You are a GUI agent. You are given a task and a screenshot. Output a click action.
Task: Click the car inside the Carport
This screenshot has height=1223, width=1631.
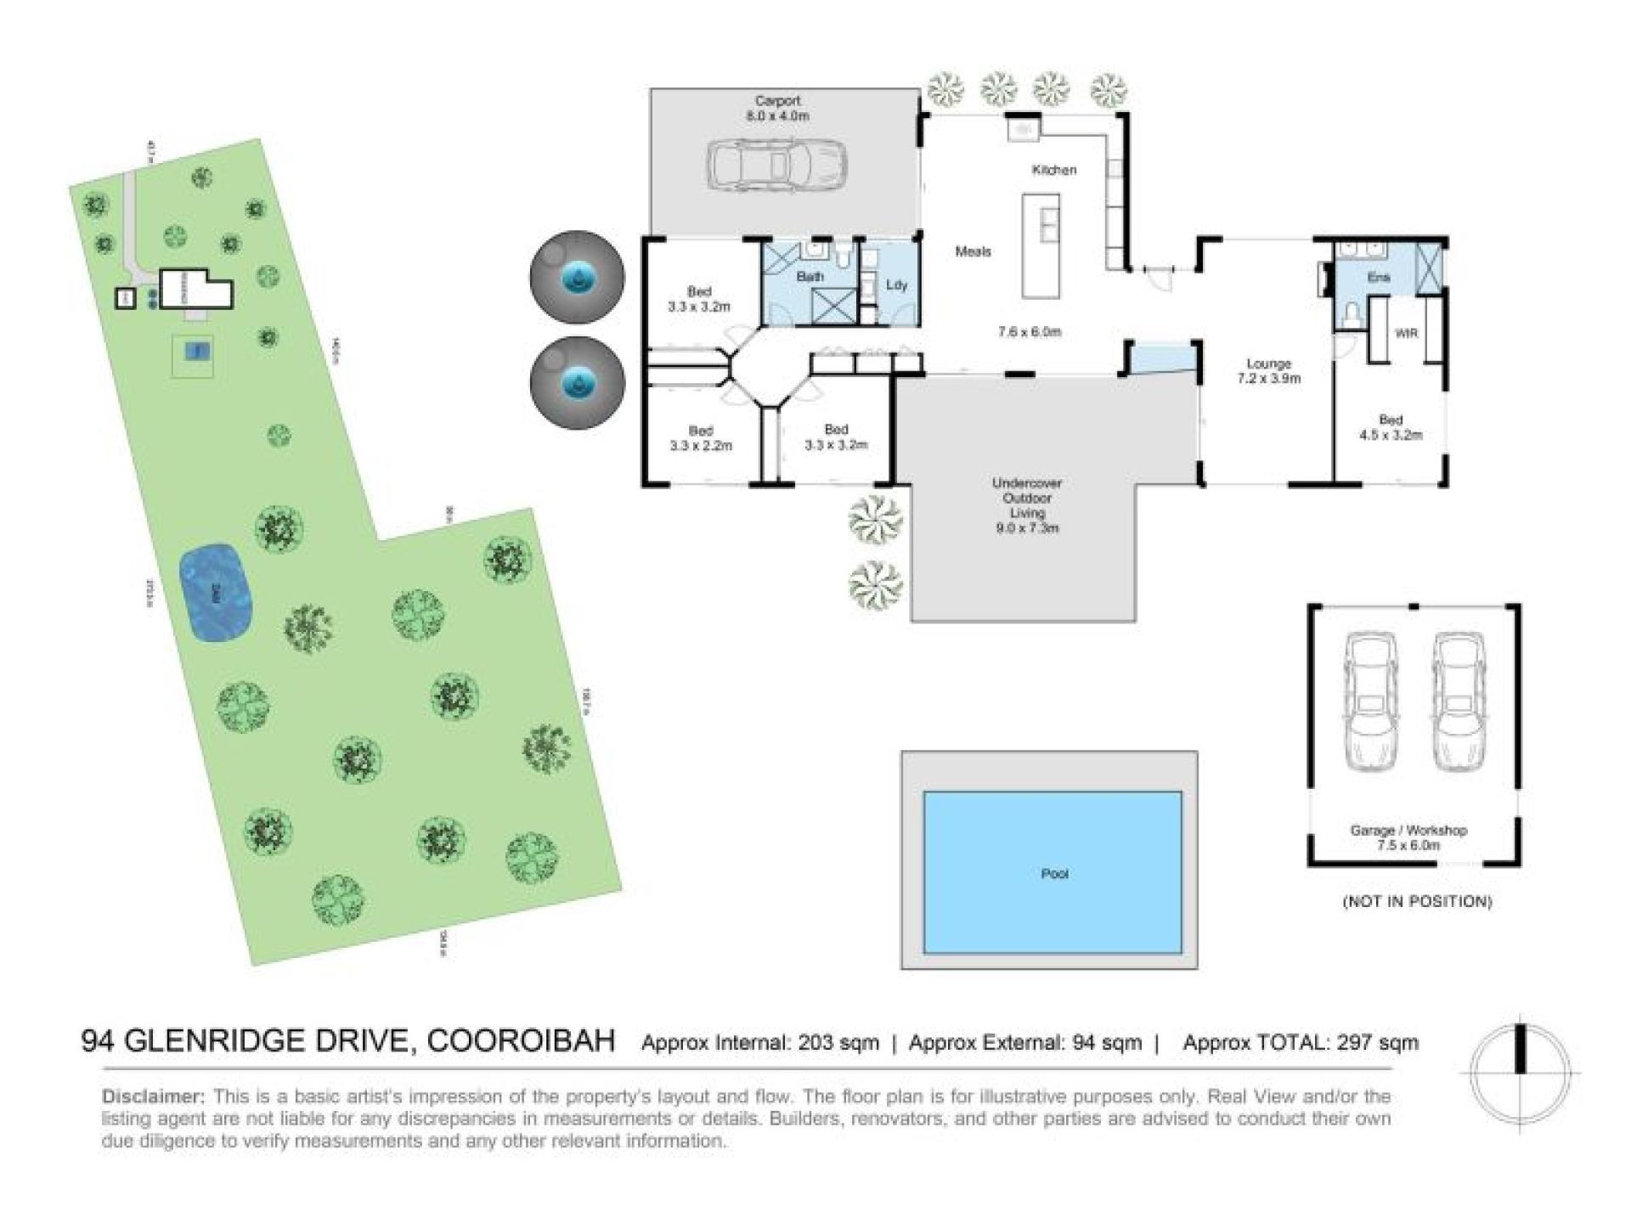click(x=776, y=164)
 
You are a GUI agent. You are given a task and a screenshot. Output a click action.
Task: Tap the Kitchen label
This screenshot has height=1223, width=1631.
click(x=1053, y=170)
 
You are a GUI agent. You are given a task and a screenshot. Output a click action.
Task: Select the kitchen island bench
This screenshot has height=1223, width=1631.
click(x=1041, y=246)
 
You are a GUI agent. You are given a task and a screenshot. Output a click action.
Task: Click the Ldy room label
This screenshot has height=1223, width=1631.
click(x=896, y=285)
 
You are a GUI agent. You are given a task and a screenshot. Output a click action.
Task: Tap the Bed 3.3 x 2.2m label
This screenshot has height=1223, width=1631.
click(x=700, y=438)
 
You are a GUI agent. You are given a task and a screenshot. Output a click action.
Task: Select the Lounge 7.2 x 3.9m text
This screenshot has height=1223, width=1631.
click(x=1268, y=371)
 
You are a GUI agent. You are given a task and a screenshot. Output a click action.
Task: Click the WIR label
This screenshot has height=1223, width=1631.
click(x=1406, y=333)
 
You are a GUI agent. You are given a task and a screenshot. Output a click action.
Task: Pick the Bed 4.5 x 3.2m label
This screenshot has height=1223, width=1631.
click(x=1390, y=427)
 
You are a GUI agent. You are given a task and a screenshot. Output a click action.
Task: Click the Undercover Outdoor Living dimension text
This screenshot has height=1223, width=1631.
click(x=1027, y=528)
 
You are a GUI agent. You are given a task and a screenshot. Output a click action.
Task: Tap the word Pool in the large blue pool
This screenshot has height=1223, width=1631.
click(x=1053, y=873)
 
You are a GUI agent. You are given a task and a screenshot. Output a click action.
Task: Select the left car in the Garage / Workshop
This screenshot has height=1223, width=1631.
click(x=1370, y=702)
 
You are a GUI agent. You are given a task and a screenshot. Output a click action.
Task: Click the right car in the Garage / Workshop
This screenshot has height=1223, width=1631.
click(x=1459, y=702)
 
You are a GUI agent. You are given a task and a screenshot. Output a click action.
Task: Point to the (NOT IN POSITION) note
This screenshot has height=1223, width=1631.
click(x=1416, y=901)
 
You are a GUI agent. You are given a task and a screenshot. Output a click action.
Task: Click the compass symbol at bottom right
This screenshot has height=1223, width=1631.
click(x=1521, y=1072)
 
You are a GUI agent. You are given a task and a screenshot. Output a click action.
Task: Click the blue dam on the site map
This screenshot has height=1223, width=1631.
click(x=217, y=593)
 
